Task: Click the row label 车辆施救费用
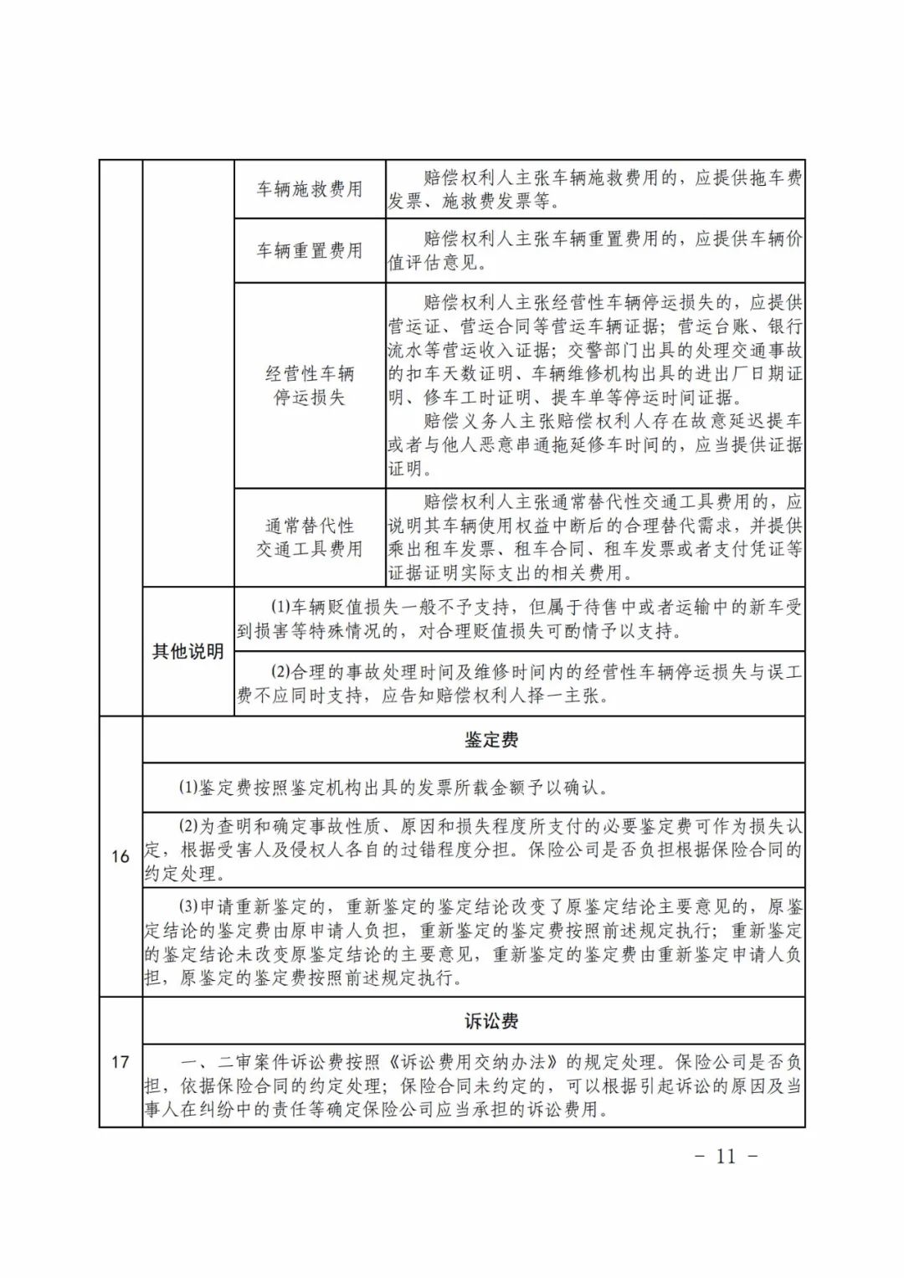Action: (x=310, y=189)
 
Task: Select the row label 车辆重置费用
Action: (x=310, y=250)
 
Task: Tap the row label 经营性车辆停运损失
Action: (x=310, y=385)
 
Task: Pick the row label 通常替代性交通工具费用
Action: (x=310, y=537)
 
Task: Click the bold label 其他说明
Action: (x=187, y=651)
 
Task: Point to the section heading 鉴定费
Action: (x=491, y=740)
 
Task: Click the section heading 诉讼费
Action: (x=491, y=1021)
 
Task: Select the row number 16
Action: (x=121, y=856)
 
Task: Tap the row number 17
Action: (x=121, y=1062)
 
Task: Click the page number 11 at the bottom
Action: (x=726, y=1156)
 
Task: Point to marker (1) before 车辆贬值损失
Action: (x=280, y=607)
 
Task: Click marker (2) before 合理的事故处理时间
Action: (x=280, y=671)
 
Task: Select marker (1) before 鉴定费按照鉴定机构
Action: (x=188, y=788)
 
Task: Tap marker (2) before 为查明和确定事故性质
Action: (x=188, y=826)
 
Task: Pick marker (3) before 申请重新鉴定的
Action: (x=188, y=907)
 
